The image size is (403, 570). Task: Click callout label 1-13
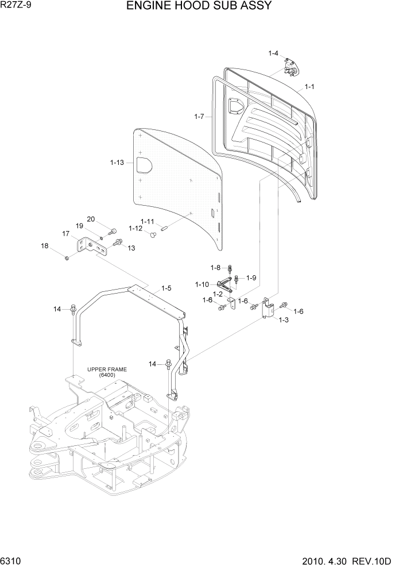point(117,163)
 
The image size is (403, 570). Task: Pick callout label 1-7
point(199,117)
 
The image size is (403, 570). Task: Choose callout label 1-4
point(273,53)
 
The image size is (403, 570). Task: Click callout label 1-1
point(309,87)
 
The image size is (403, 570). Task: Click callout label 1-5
point(166,288)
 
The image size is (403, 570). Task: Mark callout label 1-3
point(284,321)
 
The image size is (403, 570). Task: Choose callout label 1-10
point(202,284)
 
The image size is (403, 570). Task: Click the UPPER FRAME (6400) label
point(107,372)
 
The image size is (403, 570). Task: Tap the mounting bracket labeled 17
point(92,248)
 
